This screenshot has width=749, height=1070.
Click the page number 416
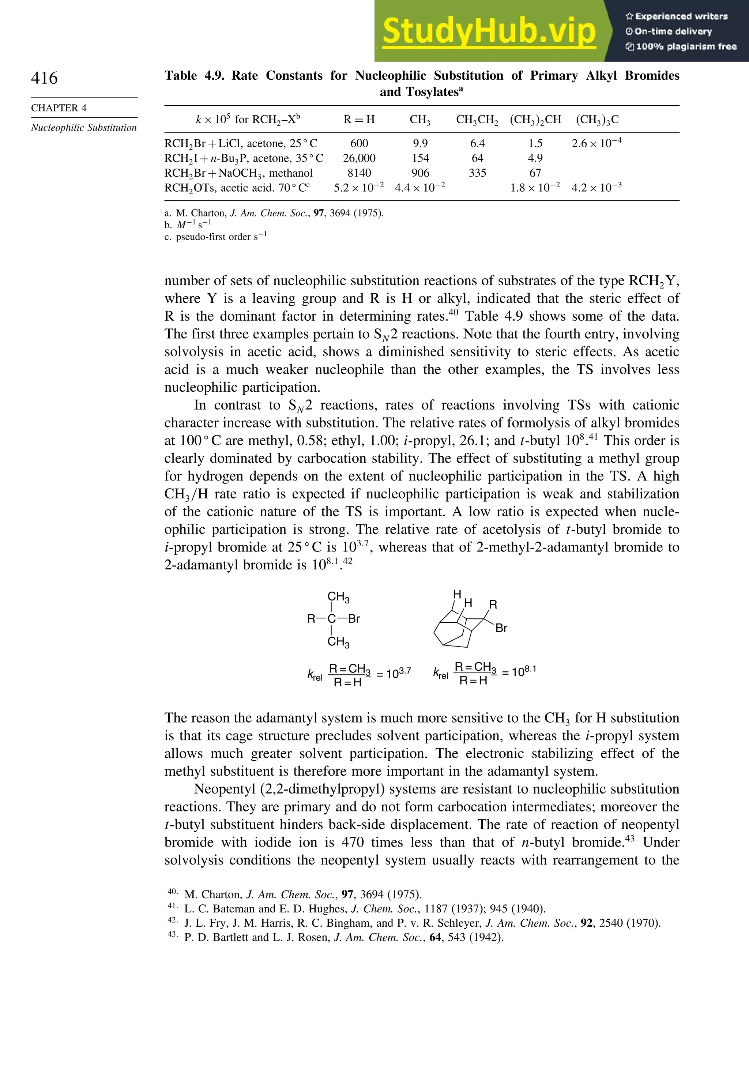click(44, 78)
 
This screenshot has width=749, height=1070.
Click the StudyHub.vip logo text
click(489, 32)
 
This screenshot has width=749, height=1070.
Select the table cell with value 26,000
click(359, 158)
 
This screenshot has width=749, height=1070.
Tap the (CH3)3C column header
click(597, 120)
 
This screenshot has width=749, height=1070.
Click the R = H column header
click(359, 120)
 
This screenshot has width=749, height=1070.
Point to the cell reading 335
click(477, 173)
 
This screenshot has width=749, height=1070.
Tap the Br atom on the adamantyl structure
click(501, 628)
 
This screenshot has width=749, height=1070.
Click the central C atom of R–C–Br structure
click(331, 619)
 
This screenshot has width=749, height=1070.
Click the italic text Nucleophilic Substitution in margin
click(84, 128)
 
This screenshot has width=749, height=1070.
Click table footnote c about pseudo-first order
click(216, 237)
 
